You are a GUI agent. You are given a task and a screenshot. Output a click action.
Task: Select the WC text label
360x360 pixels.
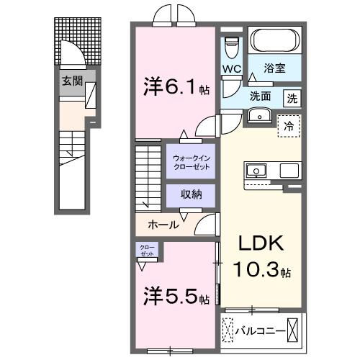[231, 69]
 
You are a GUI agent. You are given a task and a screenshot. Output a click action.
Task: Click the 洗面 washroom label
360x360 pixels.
[261, 96]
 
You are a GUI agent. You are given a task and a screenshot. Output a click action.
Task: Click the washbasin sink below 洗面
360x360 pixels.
[257, 117]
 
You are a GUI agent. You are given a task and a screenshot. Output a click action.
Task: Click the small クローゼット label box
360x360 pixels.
[147, 251]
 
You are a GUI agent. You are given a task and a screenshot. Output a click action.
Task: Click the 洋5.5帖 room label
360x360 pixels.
[175, 297]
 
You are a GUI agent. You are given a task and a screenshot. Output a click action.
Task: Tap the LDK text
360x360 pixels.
[262, 243]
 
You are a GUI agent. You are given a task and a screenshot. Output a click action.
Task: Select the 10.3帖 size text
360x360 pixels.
[262, 272]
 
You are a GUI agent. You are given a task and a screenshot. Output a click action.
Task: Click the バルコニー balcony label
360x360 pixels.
[257, 330]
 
